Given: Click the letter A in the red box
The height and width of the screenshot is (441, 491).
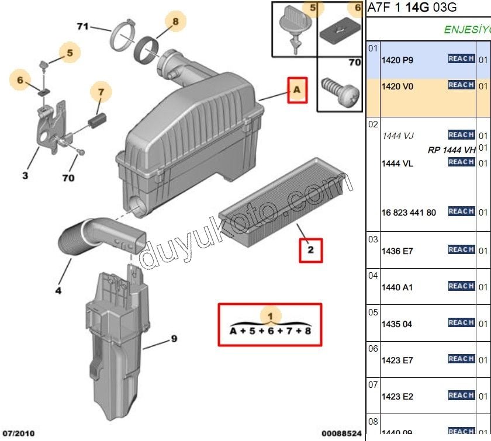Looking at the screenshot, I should click(x=296, y=90).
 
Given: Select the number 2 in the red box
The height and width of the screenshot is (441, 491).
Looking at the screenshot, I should click(x=310, y=251).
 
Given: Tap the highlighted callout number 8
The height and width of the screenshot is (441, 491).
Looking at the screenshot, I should click(x=175, y=22).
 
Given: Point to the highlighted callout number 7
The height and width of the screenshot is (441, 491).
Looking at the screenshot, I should click(x=101, y=92).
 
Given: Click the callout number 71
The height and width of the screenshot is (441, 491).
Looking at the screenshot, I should click(x=82, y=26).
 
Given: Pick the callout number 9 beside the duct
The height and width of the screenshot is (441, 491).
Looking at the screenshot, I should click(x=174, y=339).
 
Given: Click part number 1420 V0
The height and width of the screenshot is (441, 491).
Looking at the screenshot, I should click(x=397, y=86).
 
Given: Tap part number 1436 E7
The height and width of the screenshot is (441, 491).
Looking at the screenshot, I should click(x=397, y=251).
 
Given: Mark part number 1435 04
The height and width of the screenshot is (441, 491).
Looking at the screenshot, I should click(x=397, y=324).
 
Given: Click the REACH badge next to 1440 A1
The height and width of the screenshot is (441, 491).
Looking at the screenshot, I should click(x=461, y=286).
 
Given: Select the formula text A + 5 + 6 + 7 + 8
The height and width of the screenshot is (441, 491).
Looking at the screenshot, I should click(x=269, y=331).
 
